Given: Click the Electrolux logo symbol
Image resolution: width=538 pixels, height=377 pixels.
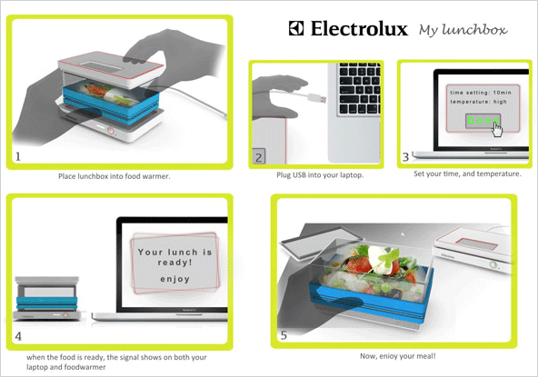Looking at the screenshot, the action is [296, 28].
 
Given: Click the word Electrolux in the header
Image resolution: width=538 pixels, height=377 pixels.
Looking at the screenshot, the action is [359, 28].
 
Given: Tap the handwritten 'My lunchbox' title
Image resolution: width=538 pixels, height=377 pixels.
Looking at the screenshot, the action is [463, 30].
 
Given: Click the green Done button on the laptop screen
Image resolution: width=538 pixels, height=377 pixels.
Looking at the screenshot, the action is [483, 121].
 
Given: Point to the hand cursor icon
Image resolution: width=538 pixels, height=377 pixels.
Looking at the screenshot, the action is [496, 129].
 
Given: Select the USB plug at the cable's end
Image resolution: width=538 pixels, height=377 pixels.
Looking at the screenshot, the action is [316, 98].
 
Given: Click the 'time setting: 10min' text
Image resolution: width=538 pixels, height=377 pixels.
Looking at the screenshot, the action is [481, 93].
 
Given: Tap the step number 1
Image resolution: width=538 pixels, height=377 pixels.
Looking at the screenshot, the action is [18, 157].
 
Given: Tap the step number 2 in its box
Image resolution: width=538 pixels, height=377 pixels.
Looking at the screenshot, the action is [259, 157].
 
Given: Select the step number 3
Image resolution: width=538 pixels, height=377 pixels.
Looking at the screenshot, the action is [405, 157].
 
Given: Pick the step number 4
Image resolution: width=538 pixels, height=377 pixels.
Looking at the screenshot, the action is [18, 336].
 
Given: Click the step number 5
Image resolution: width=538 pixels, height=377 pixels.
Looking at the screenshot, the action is [284, 335].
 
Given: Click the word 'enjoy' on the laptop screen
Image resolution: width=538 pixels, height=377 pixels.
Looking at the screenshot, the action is [175, 279].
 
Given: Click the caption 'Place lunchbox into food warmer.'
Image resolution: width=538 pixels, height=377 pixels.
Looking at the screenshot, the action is [115, 176].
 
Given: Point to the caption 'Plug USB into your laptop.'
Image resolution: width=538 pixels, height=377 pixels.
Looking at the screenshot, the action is [320, 175].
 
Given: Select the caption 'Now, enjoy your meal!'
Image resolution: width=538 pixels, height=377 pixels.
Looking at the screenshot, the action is [398, 356].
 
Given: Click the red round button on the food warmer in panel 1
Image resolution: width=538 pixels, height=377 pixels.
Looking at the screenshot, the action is [111, 131].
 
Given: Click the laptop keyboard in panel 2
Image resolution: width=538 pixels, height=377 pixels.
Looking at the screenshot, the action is [359, 89].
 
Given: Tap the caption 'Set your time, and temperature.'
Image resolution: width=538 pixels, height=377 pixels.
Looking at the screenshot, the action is [467, 174].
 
